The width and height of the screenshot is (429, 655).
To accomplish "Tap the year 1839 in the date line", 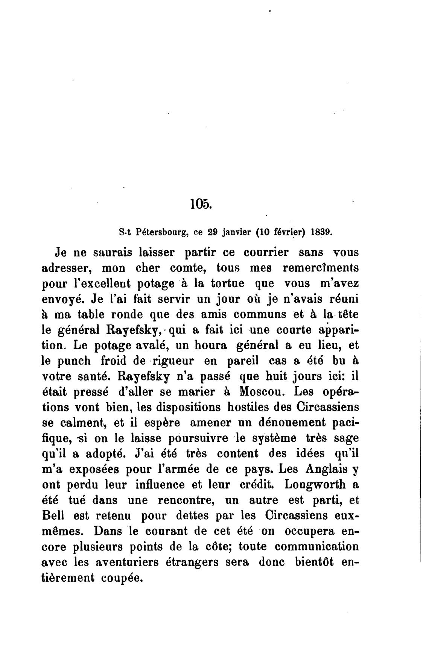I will (x=322, y=232).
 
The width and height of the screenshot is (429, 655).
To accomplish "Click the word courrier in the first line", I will (x=256, y=253).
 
